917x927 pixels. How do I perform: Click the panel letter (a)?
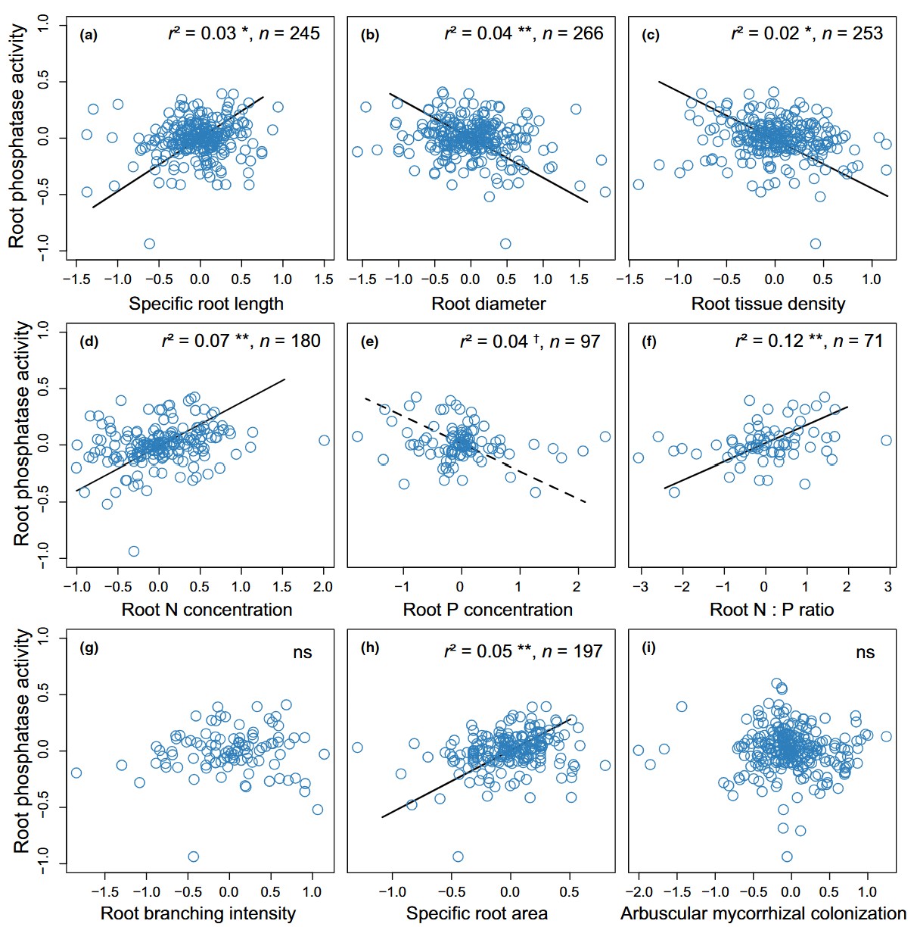[x=89, y=35]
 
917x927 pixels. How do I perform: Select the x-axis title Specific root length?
[x=206, y=304]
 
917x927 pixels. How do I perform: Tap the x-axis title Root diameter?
[x=488, y=304]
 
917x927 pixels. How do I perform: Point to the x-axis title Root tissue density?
[x=768, y=304]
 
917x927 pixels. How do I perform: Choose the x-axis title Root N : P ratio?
[x=771, y=610]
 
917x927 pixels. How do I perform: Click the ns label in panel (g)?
[x=303, y=653]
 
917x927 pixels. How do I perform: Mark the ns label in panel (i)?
[x=865, y=653]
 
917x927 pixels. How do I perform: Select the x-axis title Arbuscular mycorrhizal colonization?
[x=763, y=913]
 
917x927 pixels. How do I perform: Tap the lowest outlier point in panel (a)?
[x=150, y=244]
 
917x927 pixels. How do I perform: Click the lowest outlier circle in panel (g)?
[x=193, y=857]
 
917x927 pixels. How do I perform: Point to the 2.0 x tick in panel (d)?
[x=323, y=587]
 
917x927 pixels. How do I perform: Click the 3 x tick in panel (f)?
[x=888, y=587]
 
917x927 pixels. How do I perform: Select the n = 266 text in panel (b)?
[x=575, y=33]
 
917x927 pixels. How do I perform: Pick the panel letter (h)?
[x=371, y=648]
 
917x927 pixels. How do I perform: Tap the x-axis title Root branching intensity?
[x=198, y=913]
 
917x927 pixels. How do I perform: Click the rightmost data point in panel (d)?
[x=324, y=440]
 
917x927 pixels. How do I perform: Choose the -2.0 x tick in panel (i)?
[x=639, y=891]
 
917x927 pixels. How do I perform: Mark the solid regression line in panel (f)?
[x=757, y=448]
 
